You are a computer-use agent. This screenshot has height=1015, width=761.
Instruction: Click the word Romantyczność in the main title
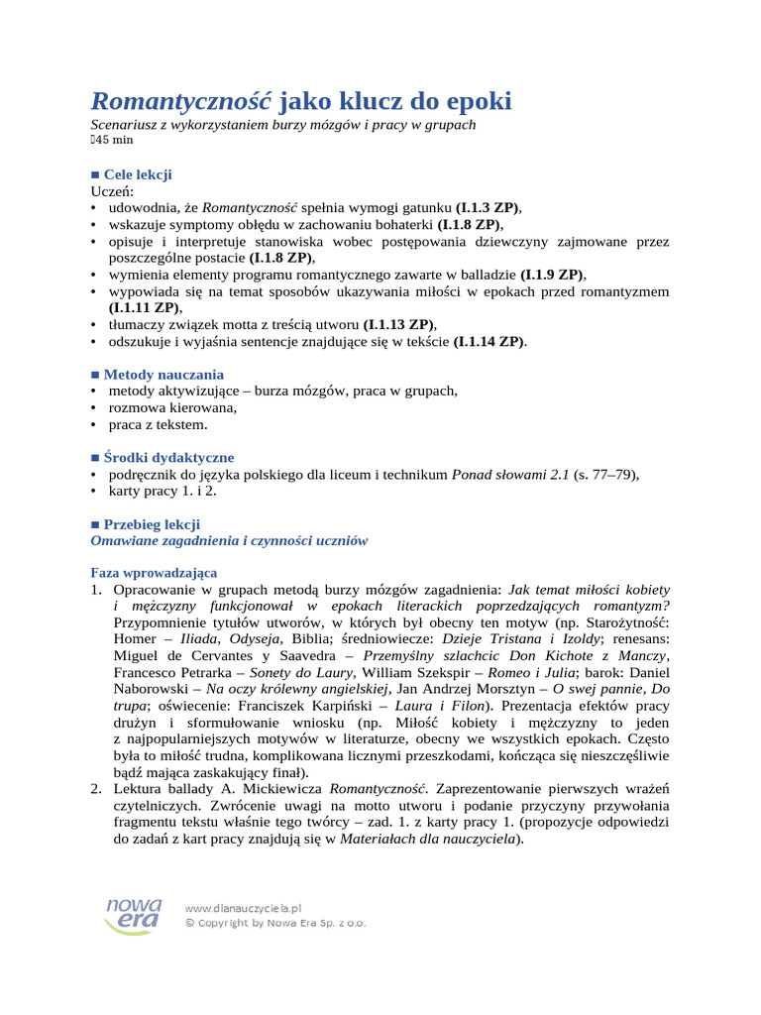click(182, 101)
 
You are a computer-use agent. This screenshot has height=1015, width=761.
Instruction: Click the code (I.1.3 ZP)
click(488, 207)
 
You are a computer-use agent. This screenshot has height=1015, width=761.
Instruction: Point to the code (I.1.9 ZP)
click(552, 275)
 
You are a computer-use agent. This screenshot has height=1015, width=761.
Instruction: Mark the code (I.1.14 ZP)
click(489, 342)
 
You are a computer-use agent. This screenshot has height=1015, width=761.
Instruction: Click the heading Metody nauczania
click(163, 375)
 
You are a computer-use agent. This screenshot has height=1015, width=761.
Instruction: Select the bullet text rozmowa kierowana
click(172, 408)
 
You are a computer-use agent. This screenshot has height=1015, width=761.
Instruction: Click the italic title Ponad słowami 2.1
click(510, 475)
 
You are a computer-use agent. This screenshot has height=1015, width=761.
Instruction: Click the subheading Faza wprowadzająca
click(154, 573)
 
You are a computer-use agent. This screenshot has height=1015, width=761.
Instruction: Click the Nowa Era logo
click(134, 913)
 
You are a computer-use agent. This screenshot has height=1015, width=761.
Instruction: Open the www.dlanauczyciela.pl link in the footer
click(244, 907)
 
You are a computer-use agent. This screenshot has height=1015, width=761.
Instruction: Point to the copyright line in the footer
click(276, 922)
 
